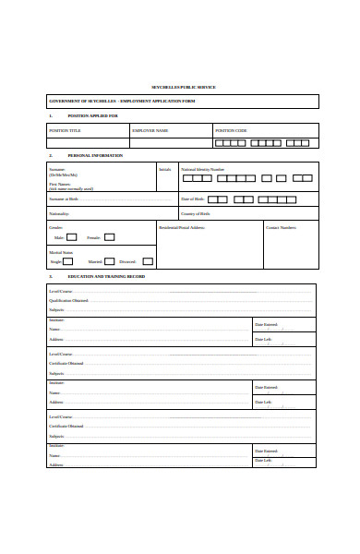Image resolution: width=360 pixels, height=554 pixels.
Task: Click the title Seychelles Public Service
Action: click(183, 87)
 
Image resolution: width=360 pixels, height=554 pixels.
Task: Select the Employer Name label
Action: click(150, 131)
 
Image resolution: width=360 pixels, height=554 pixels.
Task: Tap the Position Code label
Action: click(231, 131)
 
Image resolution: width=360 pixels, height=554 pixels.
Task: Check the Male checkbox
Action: click(71, 237)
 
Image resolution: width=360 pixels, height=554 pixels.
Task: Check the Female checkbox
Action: click(109, 237)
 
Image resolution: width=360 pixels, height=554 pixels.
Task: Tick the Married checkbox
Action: click(110, 261)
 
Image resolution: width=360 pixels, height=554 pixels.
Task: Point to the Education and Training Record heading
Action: click(106, 277)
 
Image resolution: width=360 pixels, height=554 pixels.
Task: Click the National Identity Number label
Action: click(202, 170)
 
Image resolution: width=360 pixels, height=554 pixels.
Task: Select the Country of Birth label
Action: click(196, 213)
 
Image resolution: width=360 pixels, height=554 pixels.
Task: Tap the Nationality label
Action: click(59, 213)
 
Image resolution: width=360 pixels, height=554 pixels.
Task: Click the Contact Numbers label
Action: click(281, 227)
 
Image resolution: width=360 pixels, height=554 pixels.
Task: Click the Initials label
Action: click(165, 170)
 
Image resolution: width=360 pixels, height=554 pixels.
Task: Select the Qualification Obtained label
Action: click(69, 301)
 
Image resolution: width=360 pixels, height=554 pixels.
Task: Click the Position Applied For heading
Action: click(93, 116)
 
